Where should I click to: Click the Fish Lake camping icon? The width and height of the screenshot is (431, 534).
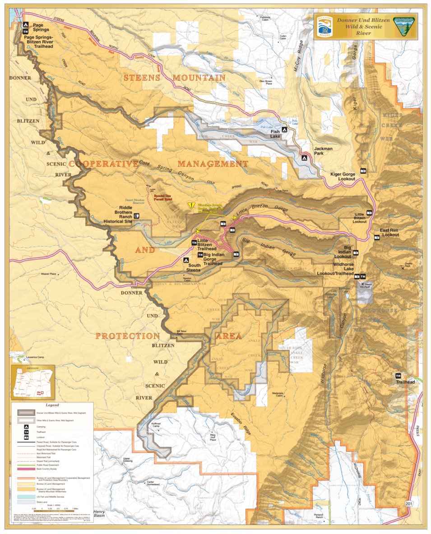pyautogui.click(x=285, y=128)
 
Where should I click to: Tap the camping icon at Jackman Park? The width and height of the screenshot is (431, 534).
pyautogui.click(x=304, y=158)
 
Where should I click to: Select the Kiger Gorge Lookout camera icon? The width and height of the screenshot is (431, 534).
pyautogui.click(x=363, y=171)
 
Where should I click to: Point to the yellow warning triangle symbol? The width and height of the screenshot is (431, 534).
pyautogui.click(x=191, y=205)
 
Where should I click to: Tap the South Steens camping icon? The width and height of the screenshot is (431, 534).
pyautogui.click(x=185, y=260)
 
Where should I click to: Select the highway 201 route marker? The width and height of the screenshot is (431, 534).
pyautogui.click(x=409, y=503)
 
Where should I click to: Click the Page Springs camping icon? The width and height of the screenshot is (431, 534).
pyautogui.click(x=26, y=25)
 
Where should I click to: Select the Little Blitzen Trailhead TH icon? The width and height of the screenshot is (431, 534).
pyautogui.click(x=194, y=243)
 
